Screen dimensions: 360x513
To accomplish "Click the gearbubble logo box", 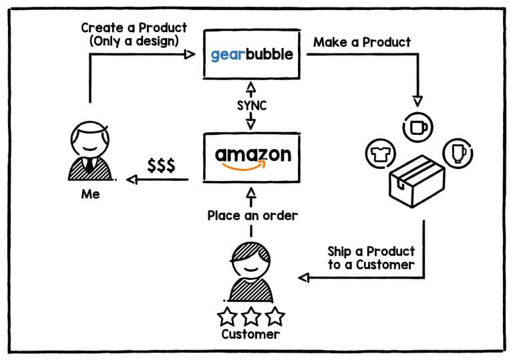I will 251,53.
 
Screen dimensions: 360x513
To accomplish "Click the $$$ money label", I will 161,166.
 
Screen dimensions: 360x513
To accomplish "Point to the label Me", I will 90,195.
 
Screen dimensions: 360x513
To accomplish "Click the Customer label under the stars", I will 250,334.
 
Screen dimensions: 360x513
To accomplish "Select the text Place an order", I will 252,216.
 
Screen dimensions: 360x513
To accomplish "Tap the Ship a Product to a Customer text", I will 371,257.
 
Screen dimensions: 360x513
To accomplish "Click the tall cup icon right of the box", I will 459,153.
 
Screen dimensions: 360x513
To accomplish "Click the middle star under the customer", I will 251,315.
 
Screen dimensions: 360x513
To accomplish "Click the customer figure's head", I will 251,257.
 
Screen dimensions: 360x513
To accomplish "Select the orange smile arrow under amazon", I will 252,168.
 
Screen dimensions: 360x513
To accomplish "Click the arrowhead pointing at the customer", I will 304,277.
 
